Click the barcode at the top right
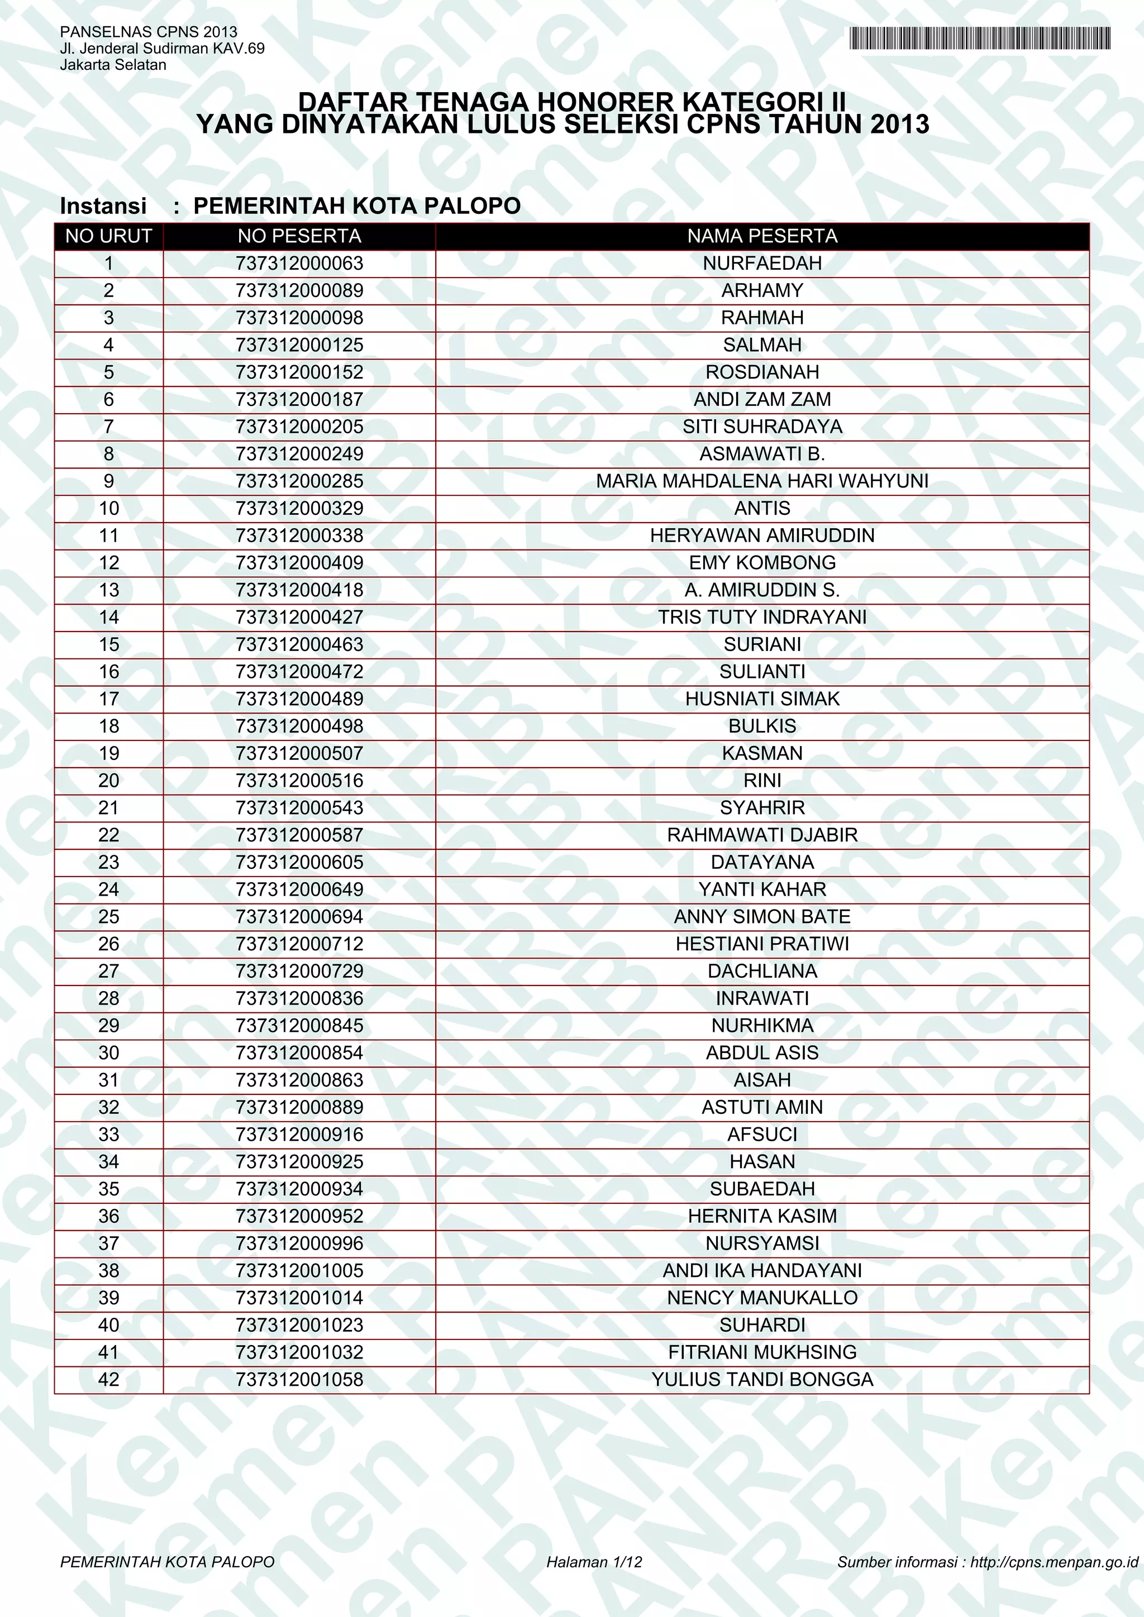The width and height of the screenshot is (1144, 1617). (980, 38)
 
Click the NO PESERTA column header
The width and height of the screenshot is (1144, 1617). (299, 236)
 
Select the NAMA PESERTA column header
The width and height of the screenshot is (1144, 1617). (762, 236)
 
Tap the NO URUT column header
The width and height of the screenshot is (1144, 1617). (108, 236)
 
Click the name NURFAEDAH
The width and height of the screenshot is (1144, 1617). (762, 264)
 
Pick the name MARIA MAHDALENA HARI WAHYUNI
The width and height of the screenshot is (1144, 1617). (762, 481)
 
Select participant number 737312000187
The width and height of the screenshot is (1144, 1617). (299, 399)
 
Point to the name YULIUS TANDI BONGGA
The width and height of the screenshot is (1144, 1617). (762, 1379)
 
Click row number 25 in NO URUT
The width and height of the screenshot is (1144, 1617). (108, 916)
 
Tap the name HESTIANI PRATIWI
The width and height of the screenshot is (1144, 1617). (762, 944)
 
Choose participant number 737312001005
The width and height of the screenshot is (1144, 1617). (299, 1270)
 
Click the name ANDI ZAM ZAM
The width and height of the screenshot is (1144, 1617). (762, 399)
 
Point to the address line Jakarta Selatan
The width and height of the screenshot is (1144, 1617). (113, 65)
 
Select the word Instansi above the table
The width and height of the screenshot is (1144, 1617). (103, 205)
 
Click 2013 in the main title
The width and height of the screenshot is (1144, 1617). (899, 125)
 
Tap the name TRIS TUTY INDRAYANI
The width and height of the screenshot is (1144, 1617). (762, 617)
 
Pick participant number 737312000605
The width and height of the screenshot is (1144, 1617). (299, 862)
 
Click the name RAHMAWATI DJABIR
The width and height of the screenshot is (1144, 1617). (762, 835)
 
